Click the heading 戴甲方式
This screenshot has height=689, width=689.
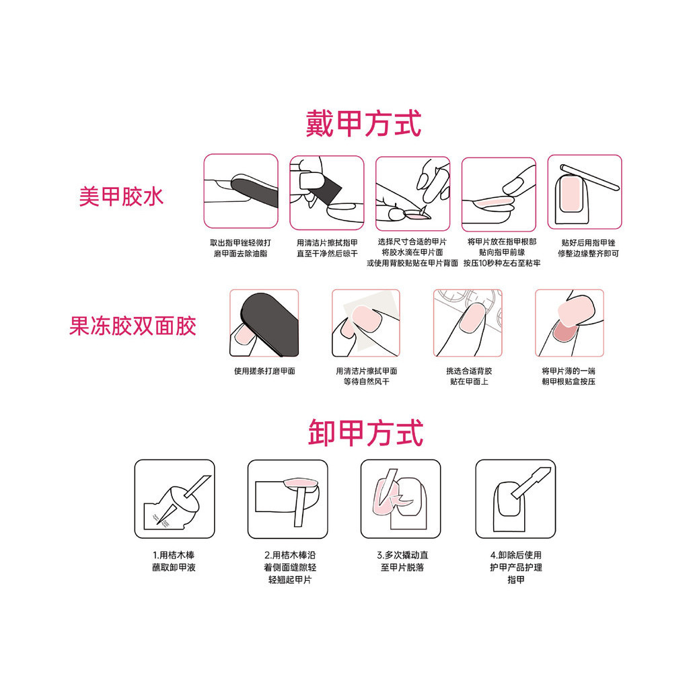[363, 124]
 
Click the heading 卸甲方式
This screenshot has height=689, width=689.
[365, 433]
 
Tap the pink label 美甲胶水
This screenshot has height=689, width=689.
[121, 196]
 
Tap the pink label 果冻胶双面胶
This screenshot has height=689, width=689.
[133, 326]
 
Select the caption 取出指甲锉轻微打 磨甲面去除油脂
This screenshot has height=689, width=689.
[240, 248]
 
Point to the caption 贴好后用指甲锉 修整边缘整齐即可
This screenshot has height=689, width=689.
[588, 248]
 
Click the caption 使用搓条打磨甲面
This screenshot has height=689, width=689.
[264, 371]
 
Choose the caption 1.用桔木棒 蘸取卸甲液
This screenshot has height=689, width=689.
[174, 561]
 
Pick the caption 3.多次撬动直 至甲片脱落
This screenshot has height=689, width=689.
[402, 561]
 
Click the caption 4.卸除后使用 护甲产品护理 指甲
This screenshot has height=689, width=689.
[516, 567]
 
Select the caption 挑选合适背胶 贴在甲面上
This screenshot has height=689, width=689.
[469, 377]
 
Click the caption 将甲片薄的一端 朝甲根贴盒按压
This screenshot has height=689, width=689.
[569, 377]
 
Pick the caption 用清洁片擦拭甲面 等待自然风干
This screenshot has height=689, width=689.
[367, 377]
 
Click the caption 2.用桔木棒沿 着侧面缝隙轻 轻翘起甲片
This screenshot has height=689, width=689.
[289, 567]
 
